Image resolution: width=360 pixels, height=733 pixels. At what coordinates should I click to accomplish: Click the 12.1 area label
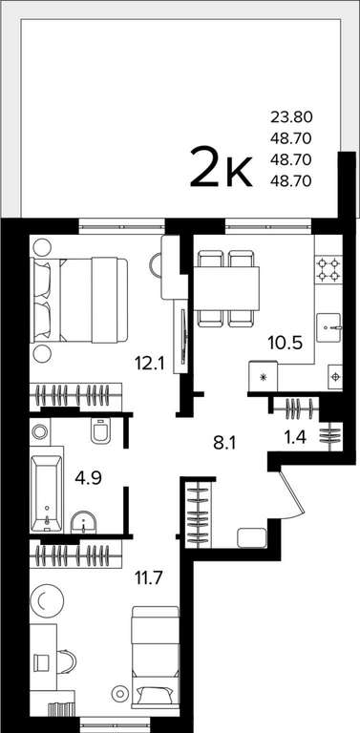[150, 364]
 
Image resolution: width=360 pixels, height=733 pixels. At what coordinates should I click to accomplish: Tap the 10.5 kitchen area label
[285, 343]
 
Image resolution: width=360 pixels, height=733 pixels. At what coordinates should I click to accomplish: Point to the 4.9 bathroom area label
[90, 479]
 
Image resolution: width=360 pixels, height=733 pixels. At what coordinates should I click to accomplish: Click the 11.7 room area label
[148, 579]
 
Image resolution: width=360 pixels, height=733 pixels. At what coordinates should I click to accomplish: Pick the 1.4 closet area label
[297, 438]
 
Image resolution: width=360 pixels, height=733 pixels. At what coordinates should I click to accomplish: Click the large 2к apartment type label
[222, 167]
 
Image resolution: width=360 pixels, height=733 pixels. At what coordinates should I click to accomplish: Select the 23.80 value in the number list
[291, 116]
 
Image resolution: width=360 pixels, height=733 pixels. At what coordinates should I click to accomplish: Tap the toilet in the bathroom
[100, 430]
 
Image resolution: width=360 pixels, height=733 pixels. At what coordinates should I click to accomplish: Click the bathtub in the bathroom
[46, 493]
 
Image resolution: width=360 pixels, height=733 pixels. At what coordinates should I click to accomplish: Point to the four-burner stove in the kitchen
[328, 269]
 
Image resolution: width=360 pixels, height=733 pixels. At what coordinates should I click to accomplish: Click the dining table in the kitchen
[226, 288]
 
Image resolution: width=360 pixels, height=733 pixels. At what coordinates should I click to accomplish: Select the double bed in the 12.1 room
[78, 300]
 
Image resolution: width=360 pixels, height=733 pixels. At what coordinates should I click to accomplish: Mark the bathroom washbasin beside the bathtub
[83, 522]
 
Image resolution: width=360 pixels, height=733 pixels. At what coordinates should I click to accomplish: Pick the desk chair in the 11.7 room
[67, 663]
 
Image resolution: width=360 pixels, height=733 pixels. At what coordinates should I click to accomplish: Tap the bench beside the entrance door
[252, 537]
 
